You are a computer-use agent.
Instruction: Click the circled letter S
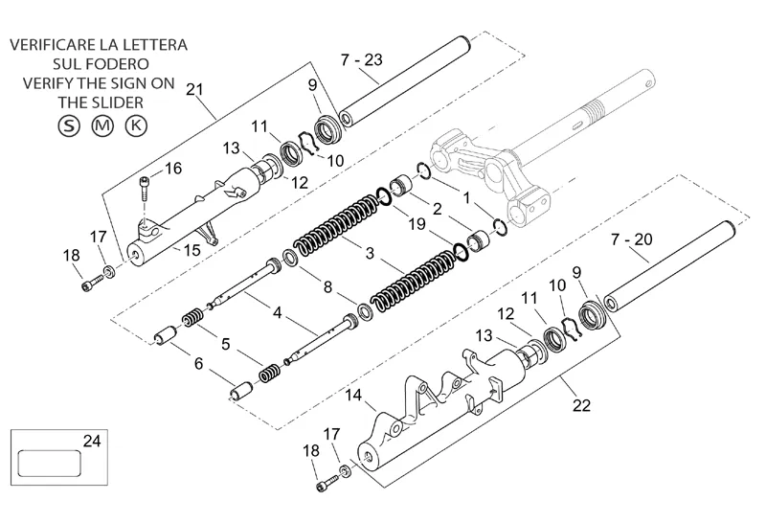68,125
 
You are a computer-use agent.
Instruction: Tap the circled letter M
102,125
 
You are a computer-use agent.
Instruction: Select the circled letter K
136,125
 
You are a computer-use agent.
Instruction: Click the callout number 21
194,89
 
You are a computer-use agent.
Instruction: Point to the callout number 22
581,405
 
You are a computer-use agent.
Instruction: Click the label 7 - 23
362,59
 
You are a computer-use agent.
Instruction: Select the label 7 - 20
632,239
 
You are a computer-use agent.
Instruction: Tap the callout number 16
173,169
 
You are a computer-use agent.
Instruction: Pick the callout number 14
353,395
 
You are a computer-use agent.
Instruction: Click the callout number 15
192,250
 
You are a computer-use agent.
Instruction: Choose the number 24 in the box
92,441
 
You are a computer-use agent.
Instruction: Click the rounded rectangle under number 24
50,464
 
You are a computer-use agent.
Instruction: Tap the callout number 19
417,224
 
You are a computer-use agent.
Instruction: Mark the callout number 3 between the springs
370,253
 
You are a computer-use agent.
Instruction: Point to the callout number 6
198,364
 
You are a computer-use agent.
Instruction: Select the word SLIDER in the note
118,102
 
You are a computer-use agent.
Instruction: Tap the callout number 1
466,198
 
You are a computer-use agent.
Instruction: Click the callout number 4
278,312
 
